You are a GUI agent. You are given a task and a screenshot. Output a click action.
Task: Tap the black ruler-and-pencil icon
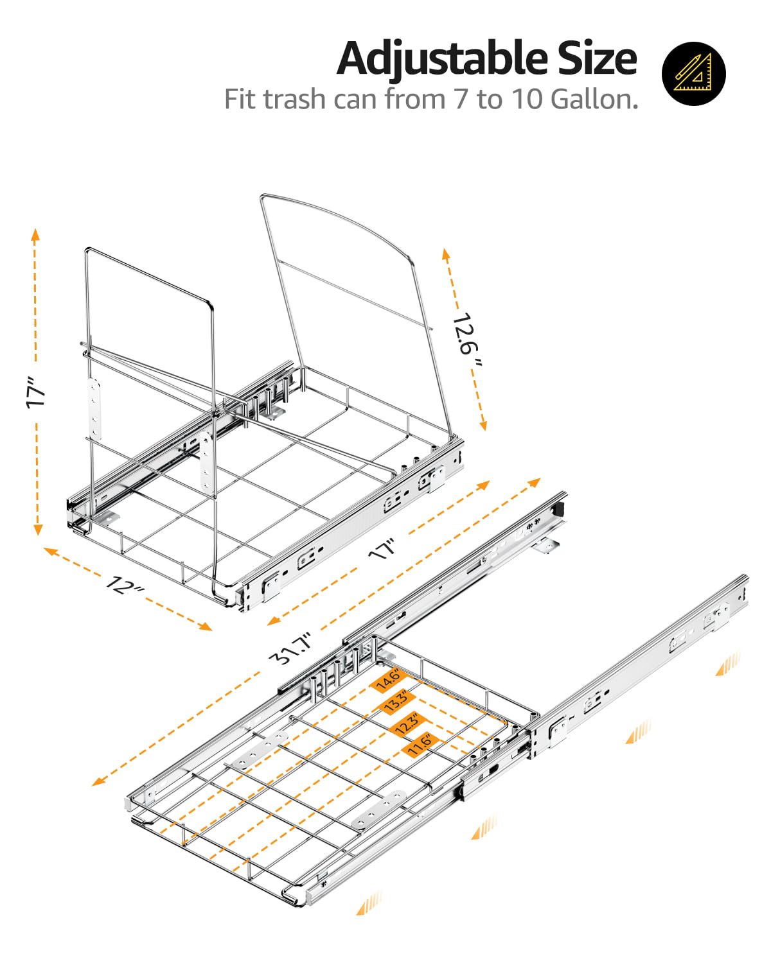point(693,73)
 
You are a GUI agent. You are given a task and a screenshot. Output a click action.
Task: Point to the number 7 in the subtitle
point(461,100)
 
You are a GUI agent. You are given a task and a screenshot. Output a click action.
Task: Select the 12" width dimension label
point(125,585)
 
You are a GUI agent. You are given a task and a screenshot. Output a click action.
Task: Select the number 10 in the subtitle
point(526,100)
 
